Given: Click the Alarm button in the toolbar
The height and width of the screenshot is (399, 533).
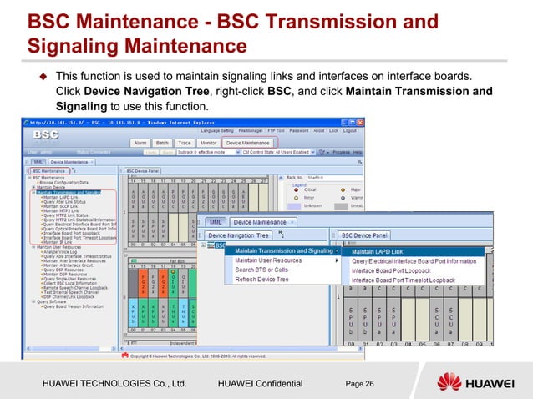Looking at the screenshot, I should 141,143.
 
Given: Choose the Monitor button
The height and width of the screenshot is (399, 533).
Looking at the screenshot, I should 209,143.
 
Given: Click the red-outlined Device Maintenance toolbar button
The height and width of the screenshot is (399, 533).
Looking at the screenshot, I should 247,143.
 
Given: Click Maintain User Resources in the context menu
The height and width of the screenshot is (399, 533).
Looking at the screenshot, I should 268,260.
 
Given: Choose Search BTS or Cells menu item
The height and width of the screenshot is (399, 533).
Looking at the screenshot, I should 261,270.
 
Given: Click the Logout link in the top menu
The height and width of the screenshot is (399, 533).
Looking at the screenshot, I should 350,130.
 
